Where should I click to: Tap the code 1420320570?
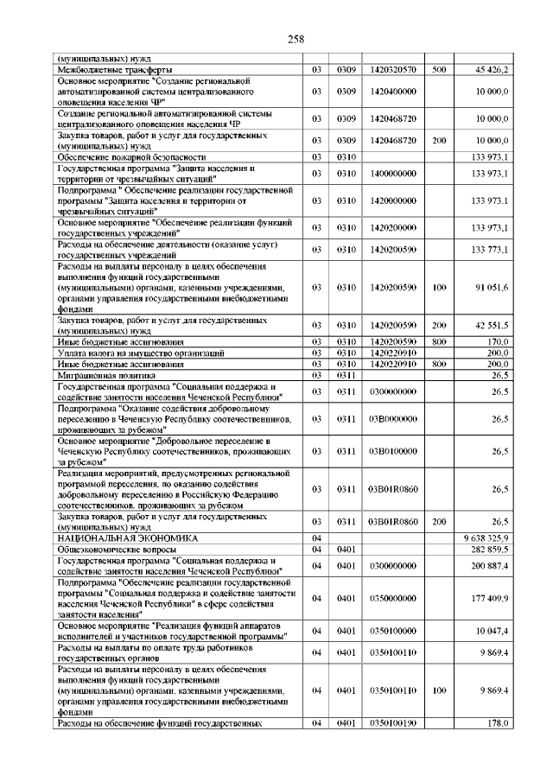point(392,69)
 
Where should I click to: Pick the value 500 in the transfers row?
point(439,69)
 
